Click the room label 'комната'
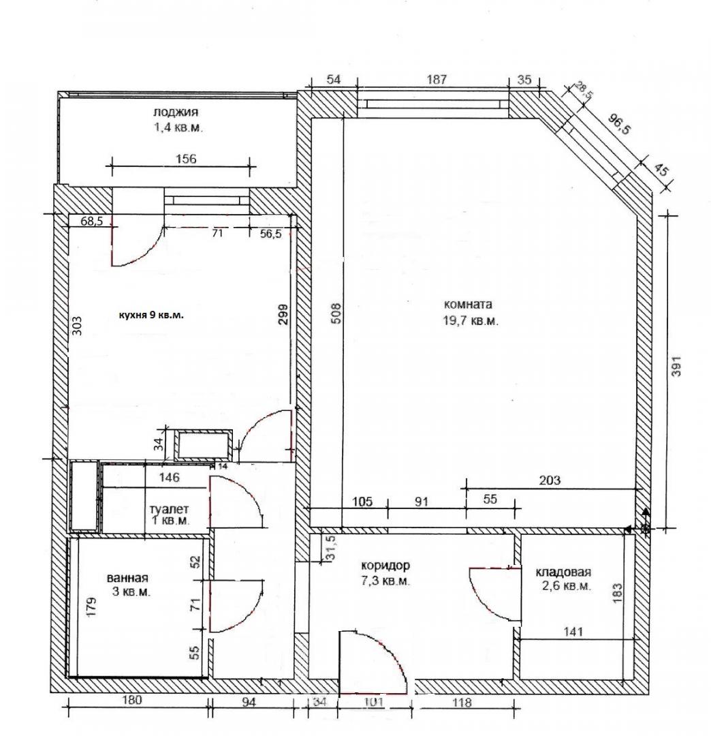468,304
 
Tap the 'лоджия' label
176,112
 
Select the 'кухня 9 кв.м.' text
151,315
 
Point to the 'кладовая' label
563,572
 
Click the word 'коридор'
385,565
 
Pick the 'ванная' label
127,578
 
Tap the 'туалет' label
170,509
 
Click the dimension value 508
336,313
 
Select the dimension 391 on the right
676,366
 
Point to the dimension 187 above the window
436,79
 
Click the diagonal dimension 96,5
620,124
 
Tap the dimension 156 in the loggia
186,159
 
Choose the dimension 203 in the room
550,480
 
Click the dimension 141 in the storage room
573,631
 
